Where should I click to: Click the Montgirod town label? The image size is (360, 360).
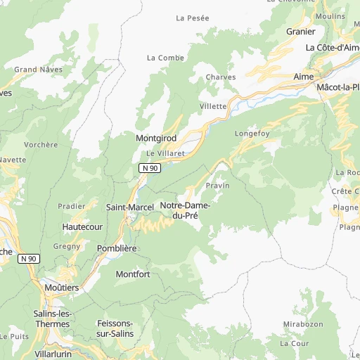point(156,139)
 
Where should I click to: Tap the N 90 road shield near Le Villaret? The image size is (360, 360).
point(149,168)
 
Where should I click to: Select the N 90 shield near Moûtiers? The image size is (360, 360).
point(28,259)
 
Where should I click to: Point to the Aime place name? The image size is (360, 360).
point(304,76)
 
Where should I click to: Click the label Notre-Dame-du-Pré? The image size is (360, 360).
point(180,210)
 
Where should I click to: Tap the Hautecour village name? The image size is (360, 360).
point(82,227)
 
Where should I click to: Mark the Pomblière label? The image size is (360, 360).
point(116,249)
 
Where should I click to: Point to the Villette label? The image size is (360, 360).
point(213,106)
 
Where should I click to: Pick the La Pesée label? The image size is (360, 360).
point(193,18)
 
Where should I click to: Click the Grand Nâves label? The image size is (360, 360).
point(39,70)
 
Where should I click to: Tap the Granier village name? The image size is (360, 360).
point(300,31)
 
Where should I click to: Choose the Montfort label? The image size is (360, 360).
point(133,274)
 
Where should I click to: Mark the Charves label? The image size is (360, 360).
point(220,77)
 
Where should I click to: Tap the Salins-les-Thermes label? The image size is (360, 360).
point(51,319)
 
